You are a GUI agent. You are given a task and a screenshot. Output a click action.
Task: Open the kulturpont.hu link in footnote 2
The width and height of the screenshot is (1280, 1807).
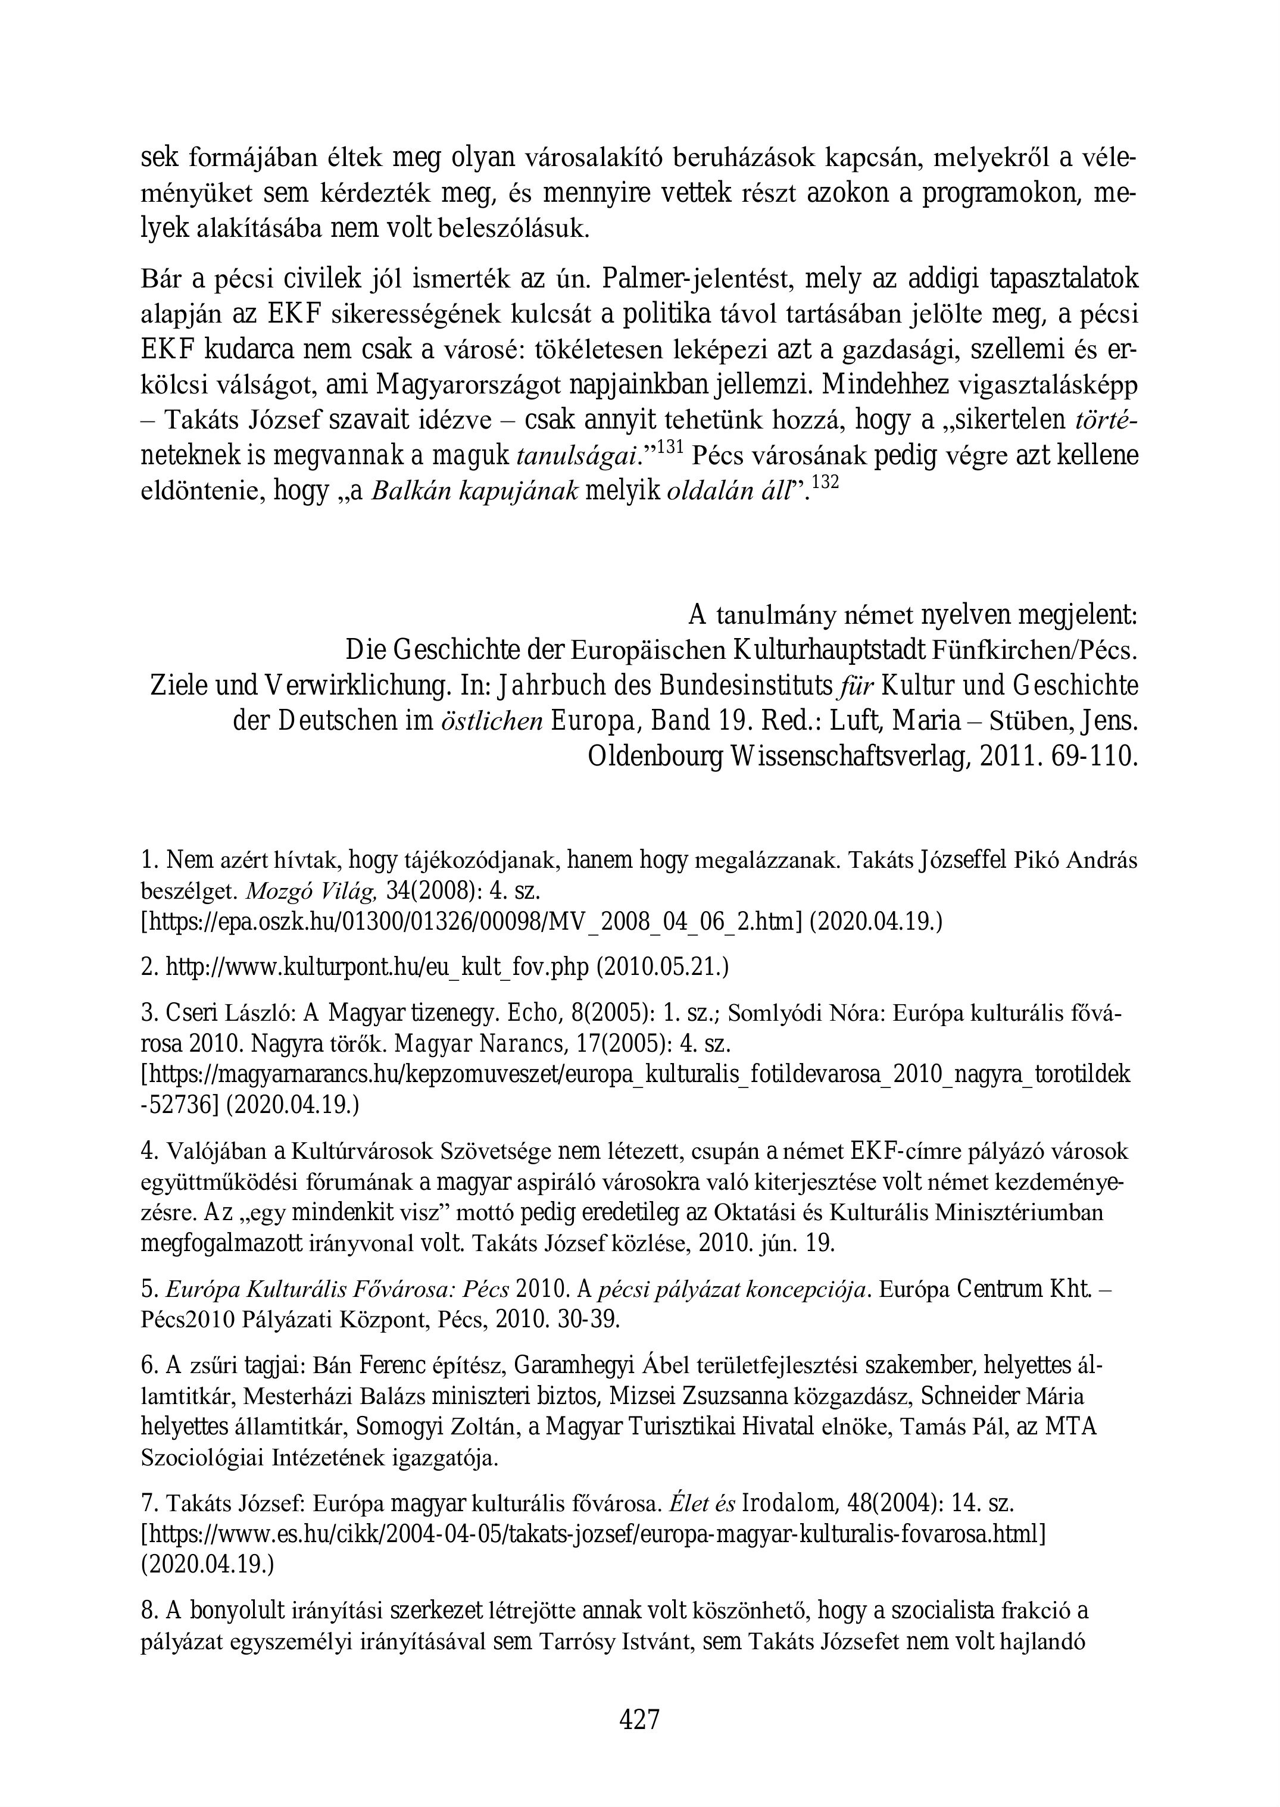(x=377, y=966)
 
